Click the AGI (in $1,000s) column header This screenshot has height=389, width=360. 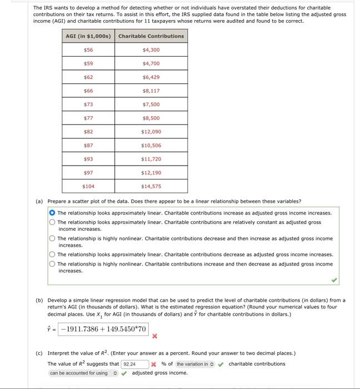click(88, 36)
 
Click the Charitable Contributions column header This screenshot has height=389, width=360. click(151, 36)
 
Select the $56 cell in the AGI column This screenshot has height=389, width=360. click(88, 50)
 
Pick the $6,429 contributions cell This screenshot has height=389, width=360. click(151, 77)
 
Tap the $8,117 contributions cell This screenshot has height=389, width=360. click(151, 91)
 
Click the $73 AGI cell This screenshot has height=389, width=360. click(88, 104)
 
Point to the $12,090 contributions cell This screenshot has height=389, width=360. click(151, 132)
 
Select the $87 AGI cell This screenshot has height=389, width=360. click(88, 145)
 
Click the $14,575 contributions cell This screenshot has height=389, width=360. click(151, 186)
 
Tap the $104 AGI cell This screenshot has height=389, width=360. click(88, 186)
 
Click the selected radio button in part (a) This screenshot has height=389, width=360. click(52, 213)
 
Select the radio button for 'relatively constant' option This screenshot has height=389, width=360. click(52, 222)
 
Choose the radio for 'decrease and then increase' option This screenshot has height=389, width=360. click(52, 238)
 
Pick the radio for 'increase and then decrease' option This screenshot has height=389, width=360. click(52, 264)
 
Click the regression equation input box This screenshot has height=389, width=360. click(104, 329)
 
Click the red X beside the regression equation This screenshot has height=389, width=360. click(155, 336)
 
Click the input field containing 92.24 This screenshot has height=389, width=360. click(135, 364)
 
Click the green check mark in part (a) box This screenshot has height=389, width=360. click(334, 280)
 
